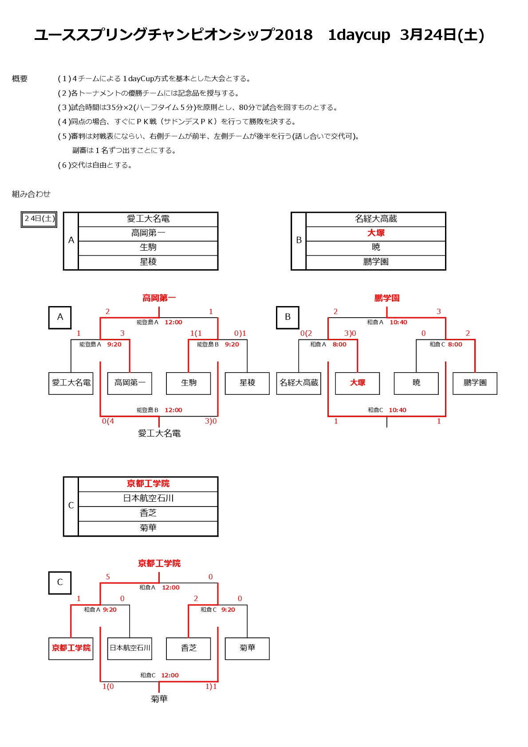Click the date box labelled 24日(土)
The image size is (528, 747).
click(39, 219)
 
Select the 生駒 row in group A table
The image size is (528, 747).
click(148, 248)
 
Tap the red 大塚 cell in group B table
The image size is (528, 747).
click(375, 233)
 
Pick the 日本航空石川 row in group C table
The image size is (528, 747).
click(148, 498)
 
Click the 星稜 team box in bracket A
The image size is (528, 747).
click(247, 383)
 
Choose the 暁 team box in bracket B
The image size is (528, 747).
click(416, 383)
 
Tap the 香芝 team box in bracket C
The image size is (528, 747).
click(188, 649)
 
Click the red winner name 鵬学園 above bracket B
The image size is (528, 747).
click(386, 298)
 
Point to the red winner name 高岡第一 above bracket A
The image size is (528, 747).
click(159, 298)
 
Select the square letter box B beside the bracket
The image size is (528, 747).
click(288, 318)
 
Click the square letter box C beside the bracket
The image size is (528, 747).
click(60, 583)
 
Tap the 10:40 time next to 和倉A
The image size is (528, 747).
click(398, 322)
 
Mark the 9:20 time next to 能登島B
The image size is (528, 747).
click(232, 344)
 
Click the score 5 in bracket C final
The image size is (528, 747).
click(108, 577)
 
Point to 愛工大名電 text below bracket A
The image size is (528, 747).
click(159, 433)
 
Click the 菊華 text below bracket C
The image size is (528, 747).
click(159, 699)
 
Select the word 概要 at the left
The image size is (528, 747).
click(20, 79)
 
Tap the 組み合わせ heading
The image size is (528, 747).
click(31, 194)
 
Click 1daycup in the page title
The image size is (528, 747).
click(359, 35)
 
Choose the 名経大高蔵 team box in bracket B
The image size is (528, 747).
click(299, 383)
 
